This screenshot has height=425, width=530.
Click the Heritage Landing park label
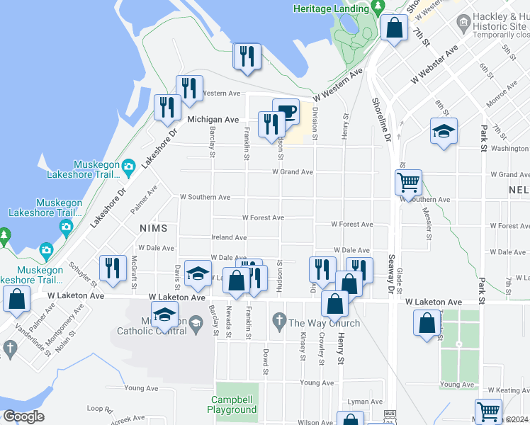331,8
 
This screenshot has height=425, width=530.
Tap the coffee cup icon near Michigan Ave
286,112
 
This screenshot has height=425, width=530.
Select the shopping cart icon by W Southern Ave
408,183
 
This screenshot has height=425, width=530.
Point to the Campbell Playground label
233,404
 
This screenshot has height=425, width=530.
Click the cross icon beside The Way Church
278,323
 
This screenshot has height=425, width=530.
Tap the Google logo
23,417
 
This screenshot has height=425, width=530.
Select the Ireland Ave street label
229,238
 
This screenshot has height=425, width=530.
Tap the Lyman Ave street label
364,402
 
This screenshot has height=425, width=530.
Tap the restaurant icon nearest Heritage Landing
247,57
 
